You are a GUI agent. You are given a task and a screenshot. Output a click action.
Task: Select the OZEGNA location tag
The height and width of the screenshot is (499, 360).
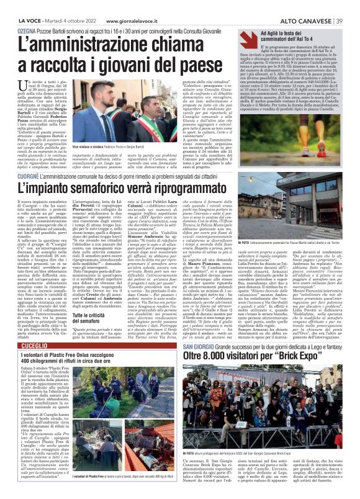[x=14, y=30]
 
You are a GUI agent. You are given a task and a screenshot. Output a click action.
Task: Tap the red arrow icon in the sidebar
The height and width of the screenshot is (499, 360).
[x=249, y=37]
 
